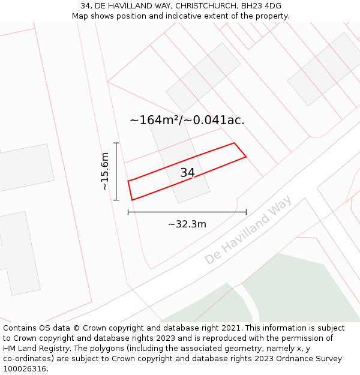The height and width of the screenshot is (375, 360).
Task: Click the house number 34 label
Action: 187,173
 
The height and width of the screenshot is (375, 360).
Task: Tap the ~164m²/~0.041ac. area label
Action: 187,120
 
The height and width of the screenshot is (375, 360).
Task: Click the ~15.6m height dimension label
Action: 104,171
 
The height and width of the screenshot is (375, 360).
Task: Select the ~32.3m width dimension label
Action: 187,224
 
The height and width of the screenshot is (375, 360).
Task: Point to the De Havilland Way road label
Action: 248,230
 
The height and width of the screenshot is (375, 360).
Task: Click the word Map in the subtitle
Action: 81,16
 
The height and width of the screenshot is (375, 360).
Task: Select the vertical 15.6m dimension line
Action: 116,171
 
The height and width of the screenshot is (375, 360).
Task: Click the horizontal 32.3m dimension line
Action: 187,212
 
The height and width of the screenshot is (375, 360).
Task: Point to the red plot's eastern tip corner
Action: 246,157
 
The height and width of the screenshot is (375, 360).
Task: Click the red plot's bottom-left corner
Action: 131,200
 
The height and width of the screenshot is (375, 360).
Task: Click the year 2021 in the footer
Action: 232,328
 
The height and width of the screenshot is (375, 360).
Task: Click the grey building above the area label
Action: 203,77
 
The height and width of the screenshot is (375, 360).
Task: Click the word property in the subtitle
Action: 272,16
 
